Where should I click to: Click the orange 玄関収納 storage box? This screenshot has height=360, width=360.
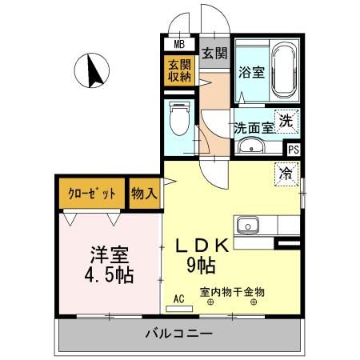click(x=179, y=70)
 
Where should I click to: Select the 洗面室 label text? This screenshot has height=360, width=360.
click(x=253, y=126)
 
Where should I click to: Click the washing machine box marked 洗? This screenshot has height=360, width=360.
click(x=286, y=122)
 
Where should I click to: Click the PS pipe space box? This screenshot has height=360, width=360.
click(x=294, y=148)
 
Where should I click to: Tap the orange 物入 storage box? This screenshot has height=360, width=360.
click(x=145, y=193)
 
